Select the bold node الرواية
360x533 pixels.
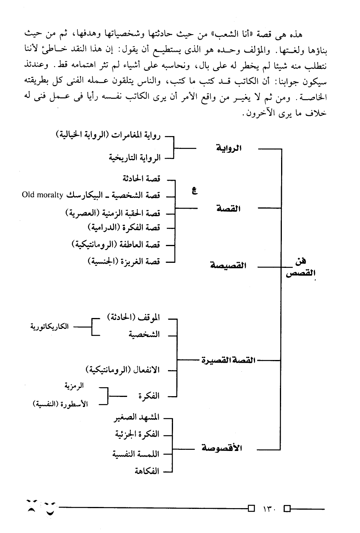click(229, 148)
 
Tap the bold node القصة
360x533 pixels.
click(229, 209)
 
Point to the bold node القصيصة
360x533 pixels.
click(228, 266)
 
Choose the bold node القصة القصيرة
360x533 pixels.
click(229, 360)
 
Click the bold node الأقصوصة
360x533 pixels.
click(222, 448)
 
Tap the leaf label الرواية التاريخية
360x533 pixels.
click(135, 158)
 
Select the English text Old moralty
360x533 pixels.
click(42, 195)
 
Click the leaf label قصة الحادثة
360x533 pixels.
click(141, 178)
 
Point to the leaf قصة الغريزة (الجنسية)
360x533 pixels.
click(124, 262)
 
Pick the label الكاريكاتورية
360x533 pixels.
click(49, 327)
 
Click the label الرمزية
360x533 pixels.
click(74, 386)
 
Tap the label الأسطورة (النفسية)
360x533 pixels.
click(60, 404)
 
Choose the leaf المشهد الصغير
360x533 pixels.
click(136, 418)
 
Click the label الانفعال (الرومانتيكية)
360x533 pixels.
click(122, 369)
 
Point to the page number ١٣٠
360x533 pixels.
click(269, 509)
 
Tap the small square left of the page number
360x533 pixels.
click(251, 508)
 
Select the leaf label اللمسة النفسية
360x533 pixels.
click(136, 454)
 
